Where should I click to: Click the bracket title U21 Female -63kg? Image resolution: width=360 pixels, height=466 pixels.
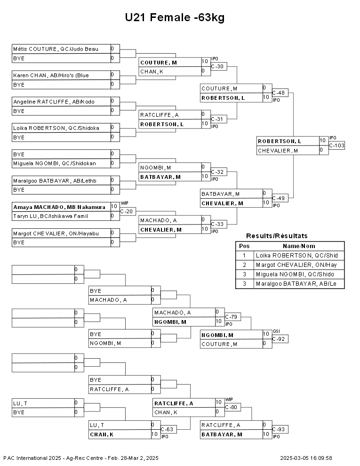coord(175,17)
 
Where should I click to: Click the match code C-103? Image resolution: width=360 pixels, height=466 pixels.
coord(336,145)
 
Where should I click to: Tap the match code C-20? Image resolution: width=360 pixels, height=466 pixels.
coord(127,212)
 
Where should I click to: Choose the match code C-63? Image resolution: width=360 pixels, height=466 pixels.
coord(167,429)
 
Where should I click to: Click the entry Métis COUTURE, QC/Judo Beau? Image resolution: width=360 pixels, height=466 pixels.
coord(56,49)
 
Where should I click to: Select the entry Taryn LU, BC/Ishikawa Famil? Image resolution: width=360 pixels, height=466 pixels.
coord(50,216)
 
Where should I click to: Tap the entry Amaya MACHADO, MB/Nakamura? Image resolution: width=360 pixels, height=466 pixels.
coord(59,207)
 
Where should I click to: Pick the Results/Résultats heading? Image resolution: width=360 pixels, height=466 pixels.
coord(277,236)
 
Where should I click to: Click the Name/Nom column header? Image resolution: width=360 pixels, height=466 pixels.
coord(299,246)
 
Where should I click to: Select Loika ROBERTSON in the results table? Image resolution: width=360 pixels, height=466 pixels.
coord(297,256)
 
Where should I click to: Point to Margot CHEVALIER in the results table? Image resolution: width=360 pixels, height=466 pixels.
coord(296,265)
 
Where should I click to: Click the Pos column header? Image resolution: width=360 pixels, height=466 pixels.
coord(244,246)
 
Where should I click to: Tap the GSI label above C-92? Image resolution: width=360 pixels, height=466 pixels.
coord(276,331)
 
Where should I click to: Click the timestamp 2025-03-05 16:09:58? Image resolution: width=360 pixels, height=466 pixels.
coord(306,458)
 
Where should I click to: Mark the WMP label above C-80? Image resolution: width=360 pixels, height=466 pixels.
coord(229,400)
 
